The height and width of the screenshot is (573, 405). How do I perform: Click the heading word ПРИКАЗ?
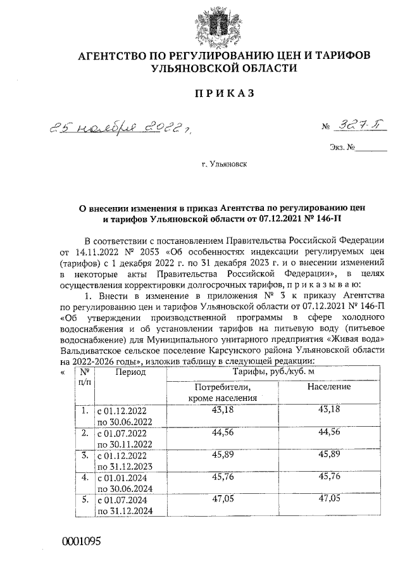[x=223, y=93]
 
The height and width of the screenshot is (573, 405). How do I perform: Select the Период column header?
[x=130, y=372]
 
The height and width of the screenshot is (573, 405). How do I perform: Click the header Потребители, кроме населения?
[x=218, y=392]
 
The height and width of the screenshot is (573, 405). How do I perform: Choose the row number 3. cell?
[x=84, y=455]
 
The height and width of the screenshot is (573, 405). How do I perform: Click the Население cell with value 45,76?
[x=328, y=476]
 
